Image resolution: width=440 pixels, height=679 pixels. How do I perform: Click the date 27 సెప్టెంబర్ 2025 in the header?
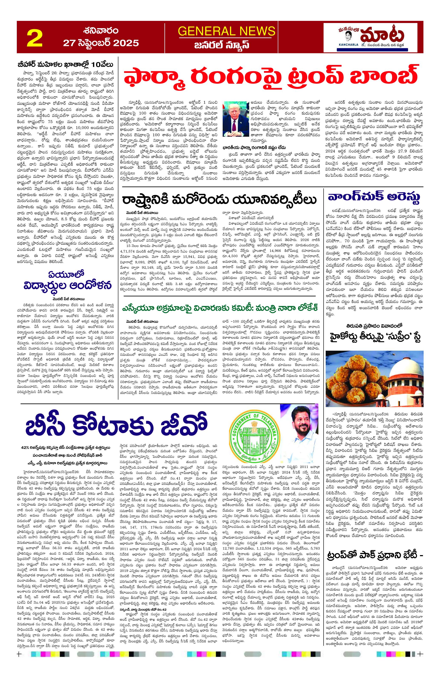pos(101,43)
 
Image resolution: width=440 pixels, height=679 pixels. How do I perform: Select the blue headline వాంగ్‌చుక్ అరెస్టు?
pos(373,197)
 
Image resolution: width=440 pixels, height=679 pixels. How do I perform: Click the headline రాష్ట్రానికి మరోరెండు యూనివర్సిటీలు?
pos(219,200)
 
